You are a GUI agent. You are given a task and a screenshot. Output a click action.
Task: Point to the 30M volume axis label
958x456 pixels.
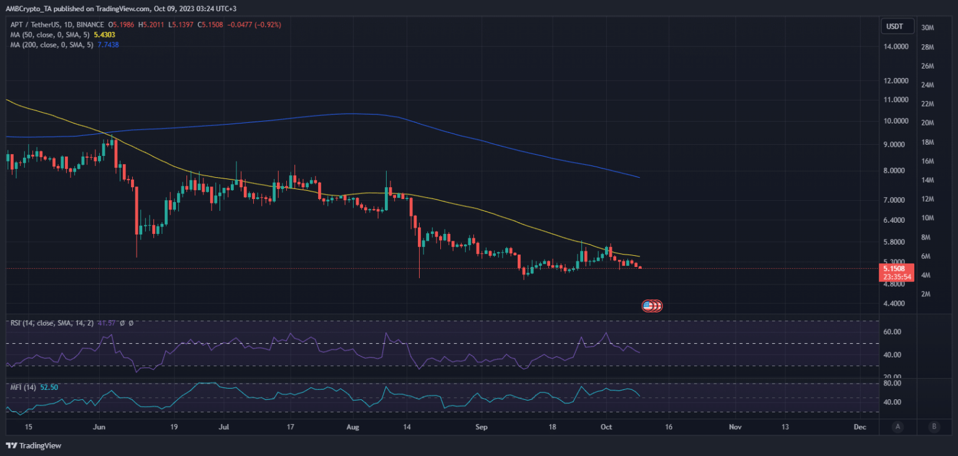(x=927, y=28)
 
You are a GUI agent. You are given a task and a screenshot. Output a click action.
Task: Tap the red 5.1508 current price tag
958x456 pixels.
(x=896, y=268)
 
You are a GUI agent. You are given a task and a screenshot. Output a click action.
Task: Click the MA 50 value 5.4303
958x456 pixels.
(x=107, y=34)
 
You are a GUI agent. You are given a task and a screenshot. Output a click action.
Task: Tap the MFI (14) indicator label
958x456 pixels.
(x=22, y=387)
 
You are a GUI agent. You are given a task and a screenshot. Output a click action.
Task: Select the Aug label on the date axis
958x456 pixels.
(x=353, y=427)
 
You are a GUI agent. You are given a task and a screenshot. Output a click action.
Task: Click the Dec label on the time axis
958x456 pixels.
(x=859, y=427)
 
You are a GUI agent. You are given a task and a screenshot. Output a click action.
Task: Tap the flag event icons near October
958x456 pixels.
(x=652, y=306)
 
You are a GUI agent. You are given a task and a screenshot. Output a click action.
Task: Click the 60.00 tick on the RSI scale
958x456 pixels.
(x=893, y=332)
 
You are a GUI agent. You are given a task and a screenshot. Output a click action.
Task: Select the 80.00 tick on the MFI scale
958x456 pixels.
(x=893, y=384)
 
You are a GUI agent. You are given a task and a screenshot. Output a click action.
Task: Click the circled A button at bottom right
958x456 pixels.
(x=898, y=427)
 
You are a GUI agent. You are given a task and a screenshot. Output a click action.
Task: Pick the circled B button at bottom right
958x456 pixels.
(x=934, y=427)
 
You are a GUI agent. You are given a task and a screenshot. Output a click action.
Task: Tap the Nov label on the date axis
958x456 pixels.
(x=735, y=427)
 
